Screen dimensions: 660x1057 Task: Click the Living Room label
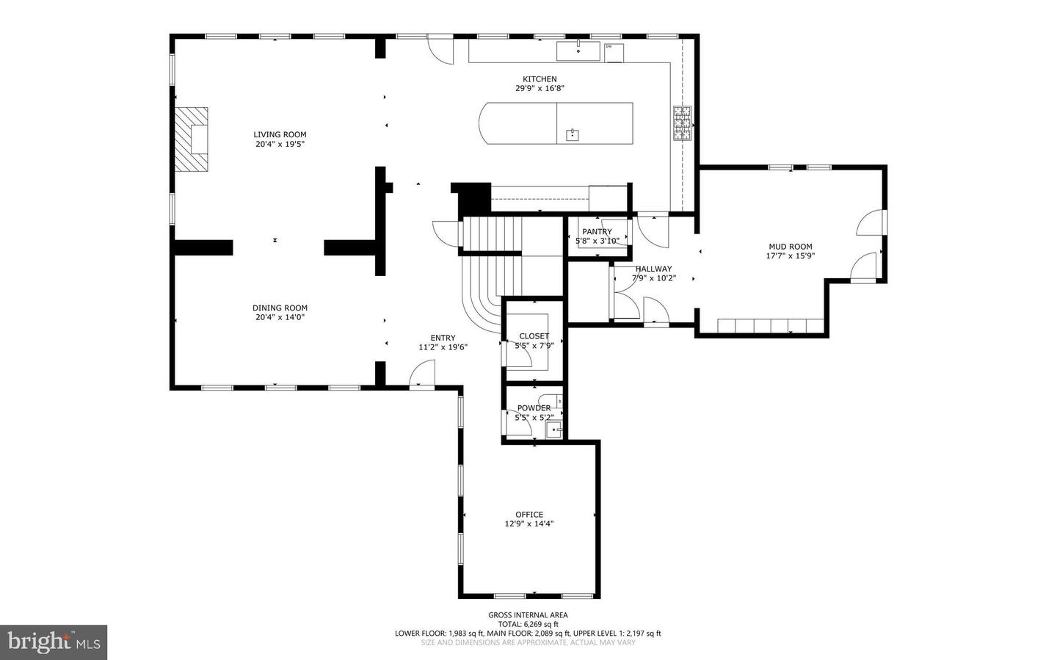(x=280, y=134)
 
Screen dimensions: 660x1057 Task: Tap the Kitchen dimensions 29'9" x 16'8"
(x=540, y=88)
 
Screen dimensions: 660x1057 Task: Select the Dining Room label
(x=280, y=308)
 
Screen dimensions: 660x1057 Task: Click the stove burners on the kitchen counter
(x=682, y=123)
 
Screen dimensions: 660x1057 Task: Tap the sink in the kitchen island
(x=573, y=134)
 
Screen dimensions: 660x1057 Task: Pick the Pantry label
(x=597, y=231)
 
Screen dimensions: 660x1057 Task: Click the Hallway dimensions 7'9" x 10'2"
(x=653, y=278)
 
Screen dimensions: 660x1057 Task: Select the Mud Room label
(x=790, y=247)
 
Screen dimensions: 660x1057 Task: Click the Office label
(x=528, y=515)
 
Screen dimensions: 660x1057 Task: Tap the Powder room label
(x=534, y=408)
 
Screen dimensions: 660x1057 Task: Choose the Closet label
(x=534, y=336)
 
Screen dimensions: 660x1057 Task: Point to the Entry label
(x=443, y=338)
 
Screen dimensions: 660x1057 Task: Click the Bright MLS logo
(x=54, y=642)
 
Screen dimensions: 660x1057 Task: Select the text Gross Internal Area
(x=528, y=615)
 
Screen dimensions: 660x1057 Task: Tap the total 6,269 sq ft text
(x=528, y=624)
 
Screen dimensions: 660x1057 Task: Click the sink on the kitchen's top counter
(x=578, y=51)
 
